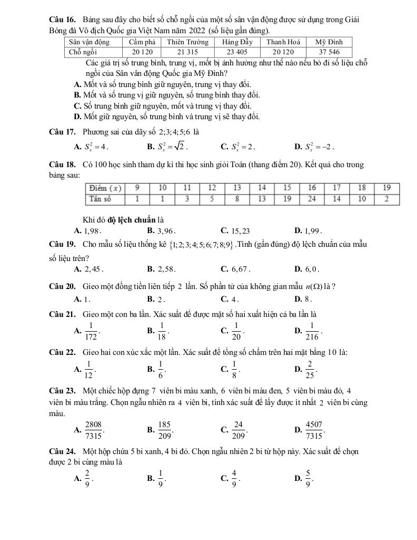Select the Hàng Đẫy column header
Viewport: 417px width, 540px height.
pos(237,42)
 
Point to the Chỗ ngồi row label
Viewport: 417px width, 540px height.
pos(83,52)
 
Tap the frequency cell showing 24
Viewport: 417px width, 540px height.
pos(312,199)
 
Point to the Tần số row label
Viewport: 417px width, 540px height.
pos(100,199)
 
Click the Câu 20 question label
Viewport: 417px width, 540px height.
pos(63,286)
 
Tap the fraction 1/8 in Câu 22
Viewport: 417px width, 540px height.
pos(235,368)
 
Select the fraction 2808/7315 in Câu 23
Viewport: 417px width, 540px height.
pos(93,430)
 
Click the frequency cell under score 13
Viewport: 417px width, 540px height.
pos(237,199)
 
